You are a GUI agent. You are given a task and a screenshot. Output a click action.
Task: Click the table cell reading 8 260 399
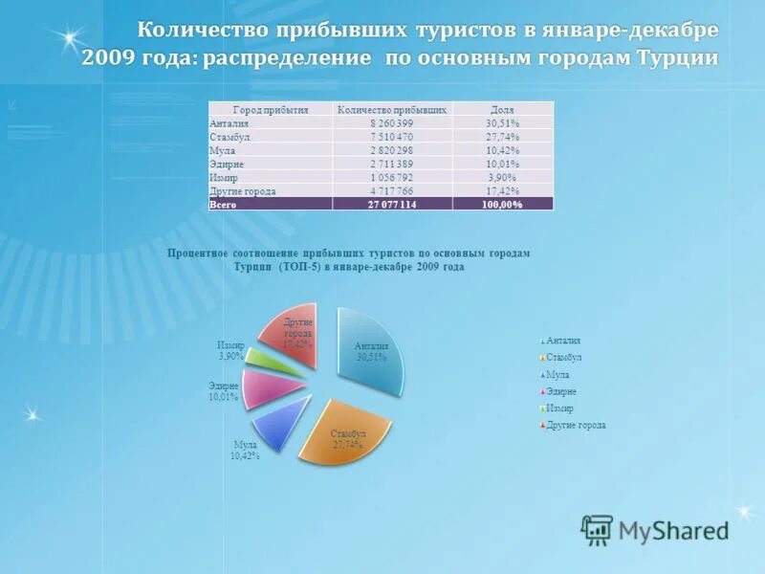click(x=392, y=123)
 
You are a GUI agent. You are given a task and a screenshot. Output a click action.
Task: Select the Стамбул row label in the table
click(x=229, y=137)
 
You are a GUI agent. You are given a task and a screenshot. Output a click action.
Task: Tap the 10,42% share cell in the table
click(x=502, y=150)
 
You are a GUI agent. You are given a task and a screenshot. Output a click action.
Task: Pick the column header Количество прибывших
click(x=392, y=110)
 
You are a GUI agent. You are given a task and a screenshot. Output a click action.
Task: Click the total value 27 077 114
click(x=392, y=205)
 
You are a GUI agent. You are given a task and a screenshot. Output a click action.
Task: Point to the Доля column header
click(x=502, y=110)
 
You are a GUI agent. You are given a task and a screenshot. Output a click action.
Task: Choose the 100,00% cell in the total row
click(x=502, y=205)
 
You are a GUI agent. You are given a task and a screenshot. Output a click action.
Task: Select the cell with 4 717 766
click(x=392, y=191)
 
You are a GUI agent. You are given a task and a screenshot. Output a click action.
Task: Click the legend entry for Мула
click(x=557, y=374)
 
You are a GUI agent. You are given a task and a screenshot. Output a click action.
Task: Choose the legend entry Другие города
click(x=574, y=425)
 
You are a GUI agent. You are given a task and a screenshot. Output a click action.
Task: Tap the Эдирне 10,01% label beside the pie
click(x=224, y=390)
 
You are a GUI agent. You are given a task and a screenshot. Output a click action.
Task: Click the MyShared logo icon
click(x=598, y=530)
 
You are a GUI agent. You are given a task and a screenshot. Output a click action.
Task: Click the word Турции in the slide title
click(x=678, y=59)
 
